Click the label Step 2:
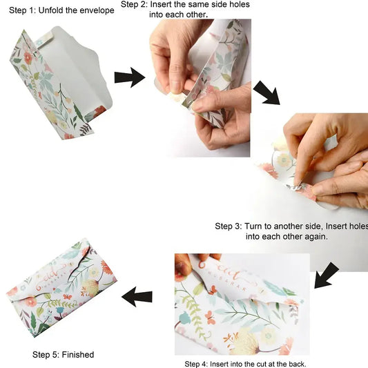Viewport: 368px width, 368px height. click(134, 4)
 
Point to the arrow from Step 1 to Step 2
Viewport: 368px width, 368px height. click(130, 77)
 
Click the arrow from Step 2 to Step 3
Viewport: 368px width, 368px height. click(267, 93)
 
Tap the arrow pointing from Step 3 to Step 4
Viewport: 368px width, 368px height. click(327, 275)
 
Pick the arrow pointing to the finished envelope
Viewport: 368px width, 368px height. click(137, 297)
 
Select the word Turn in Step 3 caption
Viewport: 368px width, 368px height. click(253, 226)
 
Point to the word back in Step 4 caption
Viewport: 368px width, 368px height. click(297, 364)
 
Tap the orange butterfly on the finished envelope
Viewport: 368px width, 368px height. click(68, 297)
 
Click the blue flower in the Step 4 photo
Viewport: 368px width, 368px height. click(185, 318)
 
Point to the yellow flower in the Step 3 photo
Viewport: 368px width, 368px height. click(284, 160)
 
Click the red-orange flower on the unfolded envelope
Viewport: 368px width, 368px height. click(28, 58)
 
